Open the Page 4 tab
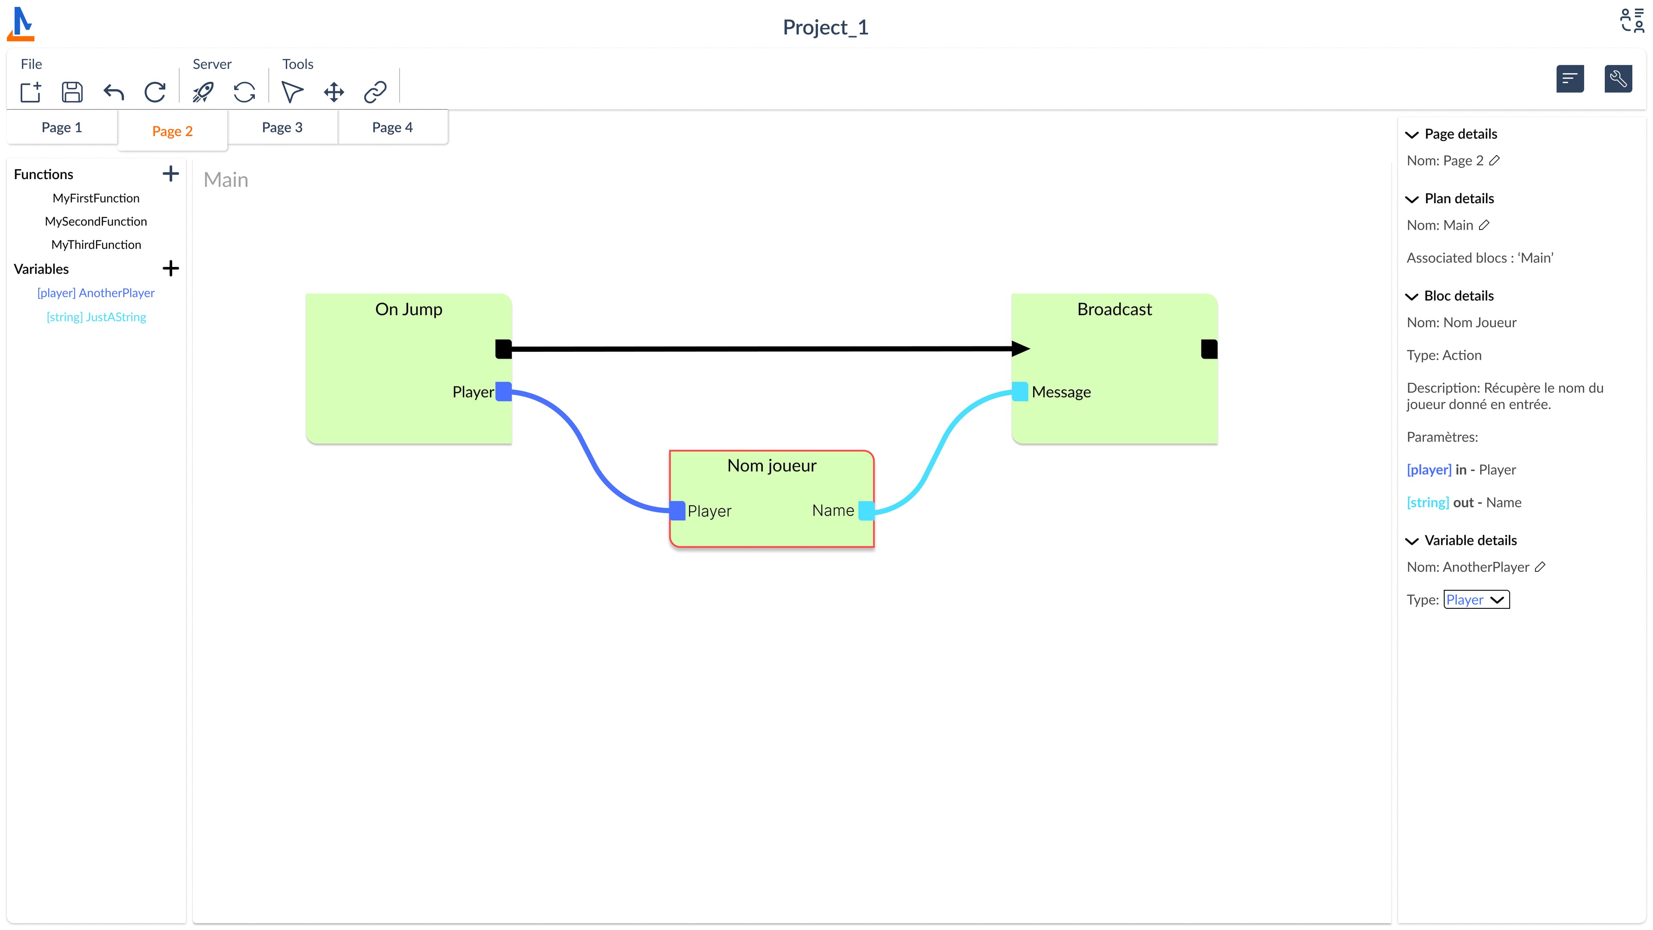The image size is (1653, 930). coord(392,127)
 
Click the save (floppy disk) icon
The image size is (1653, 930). coord(72,92)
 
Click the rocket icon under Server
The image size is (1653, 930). coord(203,92)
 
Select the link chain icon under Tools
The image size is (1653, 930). coord(375,92)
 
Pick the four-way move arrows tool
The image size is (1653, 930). coord(334,92)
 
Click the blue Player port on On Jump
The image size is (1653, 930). coord(504,391)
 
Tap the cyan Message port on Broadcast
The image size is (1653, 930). coord(1020,391)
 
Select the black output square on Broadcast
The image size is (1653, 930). coord(1209,349)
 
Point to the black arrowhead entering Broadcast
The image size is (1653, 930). coord(1020,349)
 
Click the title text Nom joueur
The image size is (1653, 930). coord(771,465)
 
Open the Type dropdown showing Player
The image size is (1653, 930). coord(1476,599)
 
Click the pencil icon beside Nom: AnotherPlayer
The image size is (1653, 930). coord(1540,567)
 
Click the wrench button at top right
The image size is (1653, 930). coord(1618,79)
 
